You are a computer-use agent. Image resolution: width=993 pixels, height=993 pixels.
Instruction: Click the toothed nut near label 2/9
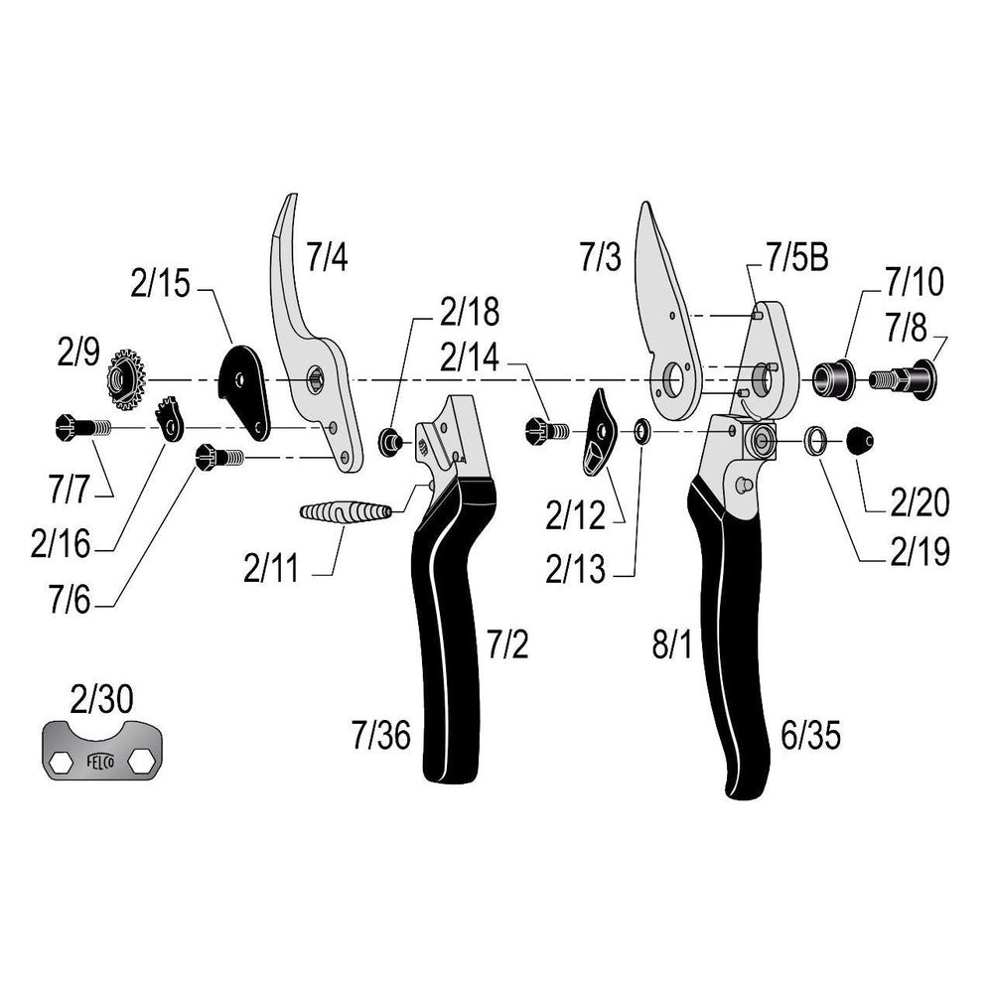coord(126,379)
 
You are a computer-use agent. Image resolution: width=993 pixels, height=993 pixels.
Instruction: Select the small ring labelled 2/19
coord(815,440)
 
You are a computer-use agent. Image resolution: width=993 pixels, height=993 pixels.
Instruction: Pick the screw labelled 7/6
coord(220,458)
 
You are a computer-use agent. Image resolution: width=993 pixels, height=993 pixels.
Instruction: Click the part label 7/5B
coord(796,260)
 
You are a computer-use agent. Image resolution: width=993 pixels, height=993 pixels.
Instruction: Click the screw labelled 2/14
coord(543,430)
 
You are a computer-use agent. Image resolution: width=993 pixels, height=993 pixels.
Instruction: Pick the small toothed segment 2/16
coord(171,417)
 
